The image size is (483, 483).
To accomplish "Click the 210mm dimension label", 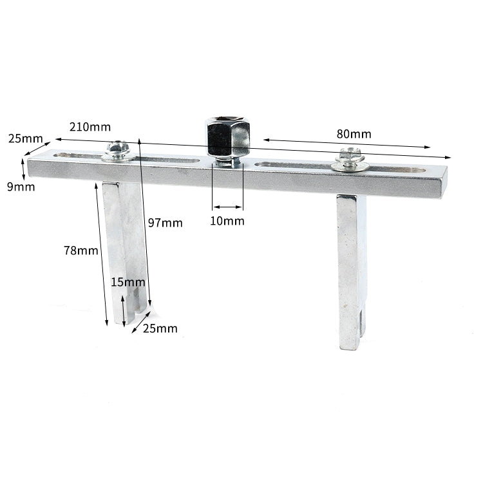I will pos(90,127).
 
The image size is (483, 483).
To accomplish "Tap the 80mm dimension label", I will pos(354,134).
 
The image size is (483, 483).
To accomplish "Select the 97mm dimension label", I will pos(165,223).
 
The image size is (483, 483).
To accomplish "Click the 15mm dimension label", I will pos(128,282).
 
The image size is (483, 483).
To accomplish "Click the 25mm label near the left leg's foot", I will pos(160,328).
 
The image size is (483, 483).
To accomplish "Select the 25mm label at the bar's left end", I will pos(25,138).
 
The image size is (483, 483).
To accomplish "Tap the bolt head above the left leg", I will pos(118,150).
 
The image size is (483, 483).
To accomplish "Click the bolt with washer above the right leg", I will pos(350,159).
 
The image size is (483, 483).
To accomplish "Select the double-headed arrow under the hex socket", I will pos(228,207).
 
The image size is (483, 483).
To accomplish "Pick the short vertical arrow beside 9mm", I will pos(24,169).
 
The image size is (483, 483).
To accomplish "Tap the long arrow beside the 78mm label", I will pos(102,254).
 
